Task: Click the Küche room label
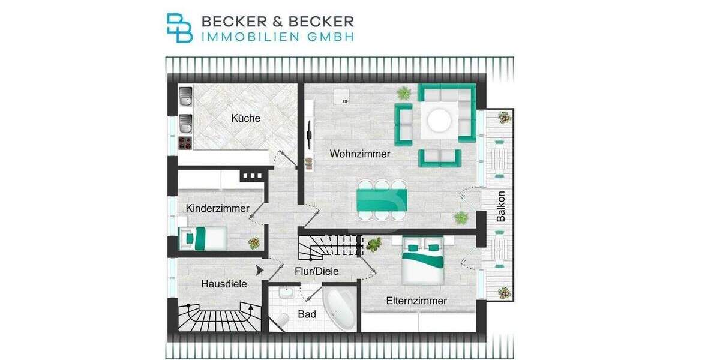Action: pos(246,118)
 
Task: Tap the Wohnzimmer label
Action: pos(360,154)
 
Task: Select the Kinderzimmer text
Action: pos(217,209)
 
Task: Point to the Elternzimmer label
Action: pos(416,301)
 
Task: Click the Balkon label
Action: pos(501,207)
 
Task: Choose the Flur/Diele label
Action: pos(316,271)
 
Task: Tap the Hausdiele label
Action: pos(224,284)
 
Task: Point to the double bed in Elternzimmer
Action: pos(423,261)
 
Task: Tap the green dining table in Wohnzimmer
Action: pos(382,200)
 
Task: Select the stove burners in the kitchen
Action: pos(185,144)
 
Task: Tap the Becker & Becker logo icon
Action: pos(179,28)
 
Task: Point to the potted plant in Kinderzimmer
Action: pos(254,242)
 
